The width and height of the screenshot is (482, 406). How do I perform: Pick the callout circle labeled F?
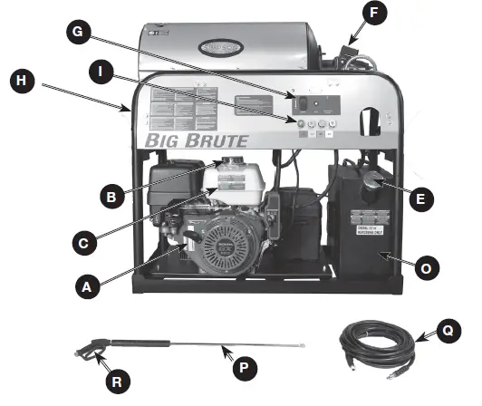click(374, 14)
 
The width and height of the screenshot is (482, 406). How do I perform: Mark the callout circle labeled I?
click(107, 69)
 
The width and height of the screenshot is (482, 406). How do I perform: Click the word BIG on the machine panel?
click(162, 141)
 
